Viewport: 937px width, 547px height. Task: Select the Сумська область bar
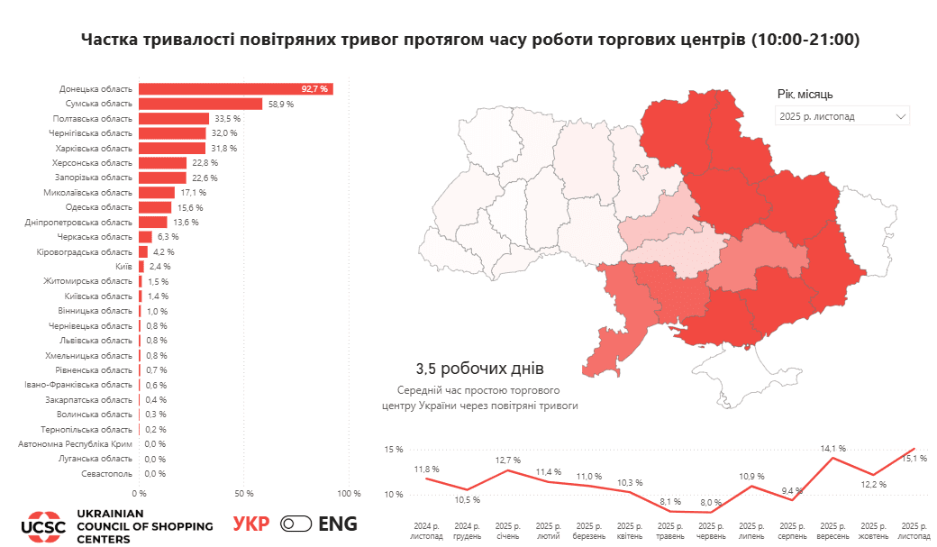click(200, 104)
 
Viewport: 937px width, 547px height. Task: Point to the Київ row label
click(124, 267)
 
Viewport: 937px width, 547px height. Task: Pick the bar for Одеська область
click(155, 207)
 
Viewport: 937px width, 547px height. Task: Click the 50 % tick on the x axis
click(244, 494)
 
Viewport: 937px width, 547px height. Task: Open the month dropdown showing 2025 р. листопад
click(841, 116)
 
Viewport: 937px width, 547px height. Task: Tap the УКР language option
click(251, 524)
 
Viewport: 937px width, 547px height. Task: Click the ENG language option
click(338, 524)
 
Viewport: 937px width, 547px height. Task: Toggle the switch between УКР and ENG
click(296, 524)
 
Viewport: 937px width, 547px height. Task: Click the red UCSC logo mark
click(43, 525)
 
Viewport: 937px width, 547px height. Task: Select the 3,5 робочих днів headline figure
click(480, 369)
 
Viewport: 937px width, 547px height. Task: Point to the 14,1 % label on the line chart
click(832, 448)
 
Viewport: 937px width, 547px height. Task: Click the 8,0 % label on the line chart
click(711, 503)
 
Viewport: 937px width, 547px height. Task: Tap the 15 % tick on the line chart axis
click(393, 450)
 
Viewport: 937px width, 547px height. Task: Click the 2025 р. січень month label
click(507, 530)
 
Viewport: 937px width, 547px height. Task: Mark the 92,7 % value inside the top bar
click(315, 89)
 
